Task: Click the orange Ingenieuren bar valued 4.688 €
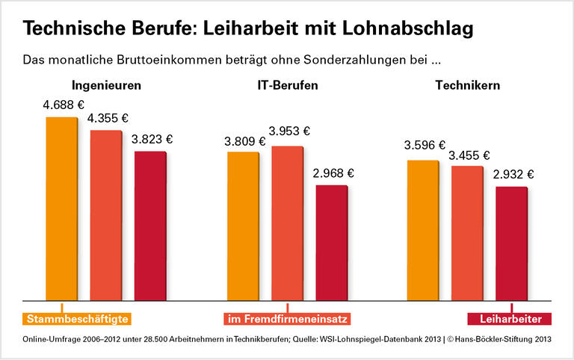pyautogui.click(x=61, y=209)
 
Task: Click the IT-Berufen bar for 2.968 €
pyautogui.click(x=331, y=243)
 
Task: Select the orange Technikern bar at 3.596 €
pyautogui.click(x=423, y=230)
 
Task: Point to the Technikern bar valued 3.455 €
pyautogui.click(x=467, y=233)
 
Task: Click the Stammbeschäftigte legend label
pyautogui.click(x=78, y=319)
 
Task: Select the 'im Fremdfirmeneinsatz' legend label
pyautogui.click(x=286, y=319)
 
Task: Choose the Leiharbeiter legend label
pyautogui.click(x=510, y=319)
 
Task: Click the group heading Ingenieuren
pyautogui.click(x=106, y=85)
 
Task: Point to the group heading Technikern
pyautogui.click(x=467, y=85)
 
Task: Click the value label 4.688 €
pyautogui.click(x=63, y=105)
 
